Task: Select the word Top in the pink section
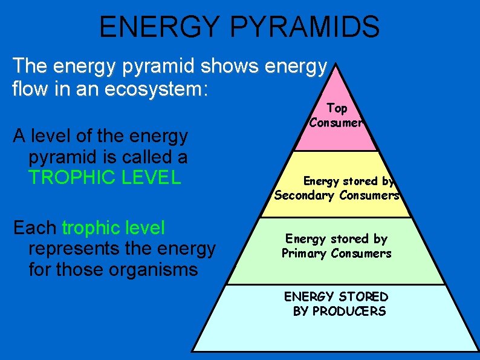(x=337, y=108)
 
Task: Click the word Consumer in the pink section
(x=336, y=122)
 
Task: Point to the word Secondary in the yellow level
(x=305, y=195)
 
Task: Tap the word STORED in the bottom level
(x=363, y=297)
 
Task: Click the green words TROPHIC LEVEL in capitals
(x=105, y=177)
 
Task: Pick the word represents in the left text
(x=81, y=248)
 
